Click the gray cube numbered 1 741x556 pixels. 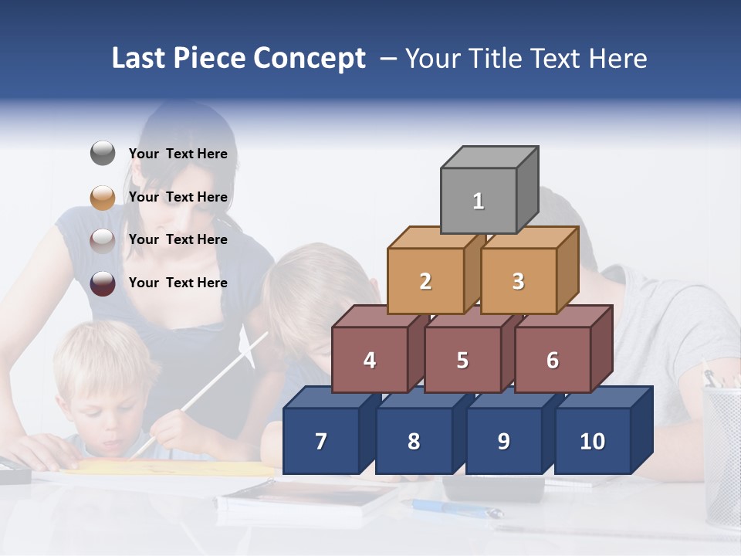[x=479, y=201]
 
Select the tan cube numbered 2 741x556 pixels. [x=425, y=281]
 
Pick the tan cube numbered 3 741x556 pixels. [x=518, y=281]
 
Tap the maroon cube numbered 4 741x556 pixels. [x=370, y=360]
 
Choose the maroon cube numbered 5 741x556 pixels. [x=462, y=360]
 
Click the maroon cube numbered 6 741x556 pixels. [x=553, y=360]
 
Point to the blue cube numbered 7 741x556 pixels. [x=321, y=441]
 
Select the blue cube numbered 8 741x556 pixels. [x=414, y=441]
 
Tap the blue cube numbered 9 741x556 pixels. [x=503, y=441]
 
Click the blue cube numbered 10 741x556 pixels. [x=592, y=441]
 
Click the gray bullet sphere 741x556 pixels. [x=103, y=154]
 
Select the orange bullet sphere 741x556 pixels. [x=103, y=197]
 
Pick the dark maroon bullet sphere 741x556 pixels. [x=103, y=283]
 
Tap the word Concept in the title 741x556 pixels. [x=310, y=59]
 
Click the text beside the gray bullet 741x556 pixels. [x=178, y=154]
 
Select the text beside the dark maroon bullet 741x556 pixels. [x=178, y=283]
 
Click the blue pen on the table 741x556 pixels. [x=455, y=508]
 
